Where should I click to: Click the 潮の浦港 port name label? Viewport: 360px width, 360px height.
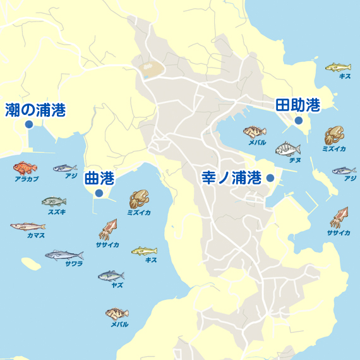tap(35, 111)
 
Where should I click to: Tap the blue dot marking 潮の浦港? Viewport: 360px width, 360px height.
tap(29, 125)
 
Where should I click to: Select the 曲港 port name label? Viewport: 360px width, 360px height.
tap(99, 179)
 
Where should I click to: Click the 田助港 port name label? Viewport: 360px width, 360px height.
tap(297, 105)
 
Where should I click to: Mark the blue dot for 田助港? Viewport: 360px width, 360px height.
tap(299, 120)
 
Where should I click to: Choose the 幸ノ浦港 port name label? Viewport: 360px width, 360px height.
tap(231, 177)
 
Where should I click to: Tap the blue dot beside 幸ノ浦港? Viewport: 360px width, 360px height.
tap(270, 178)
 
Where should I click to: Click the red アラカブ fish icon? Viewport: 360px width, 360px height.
tap(25, 168)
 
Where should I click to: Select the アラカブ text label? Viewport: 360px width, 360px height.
tap(27, 179)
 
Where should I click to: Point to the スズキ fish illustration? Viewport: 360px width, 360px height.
tap(54, 201)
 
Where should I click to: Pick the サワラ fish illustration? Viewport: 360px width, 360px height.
tap(64, 255)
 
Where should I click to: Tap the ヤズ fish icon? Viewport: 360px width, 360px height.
tap(111, 275)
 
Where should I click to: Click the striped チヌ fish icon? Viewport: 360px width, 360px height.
tap(288, 150)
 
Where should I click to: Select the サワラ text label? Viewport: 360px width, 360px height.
tap(74, 263)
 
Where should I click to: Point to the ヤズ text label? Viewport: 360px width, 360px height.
tap(117, 285)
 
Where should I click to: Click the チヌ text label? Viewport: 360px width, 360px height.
tap(294, 161)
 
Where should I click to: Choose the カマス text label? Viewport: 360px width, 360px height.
tap(36, 235)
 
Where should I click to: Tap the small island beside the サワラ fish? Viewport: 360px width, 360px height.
tap(30, 262)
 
